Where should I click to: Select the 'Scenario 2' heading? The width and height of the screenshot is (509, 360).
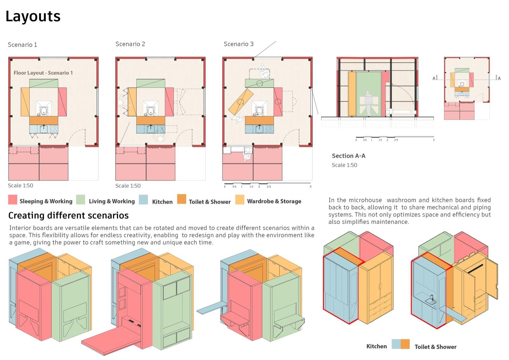tap(130, 44)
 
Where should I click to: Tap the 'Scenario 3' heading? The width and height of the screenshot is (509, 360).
tap(238, 44)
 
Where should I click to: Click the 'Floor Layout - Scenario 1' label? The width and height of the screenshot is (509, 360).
tap(43, 73)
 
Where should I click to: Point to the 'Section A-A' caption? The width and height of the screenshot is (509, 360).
tap(348, 156)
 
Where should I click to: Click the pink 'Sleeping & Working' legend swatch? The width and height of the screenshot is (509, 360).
tap(12, 200)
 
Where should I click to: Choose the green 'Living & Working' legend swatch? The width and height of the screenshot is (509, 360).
tap(81, 200)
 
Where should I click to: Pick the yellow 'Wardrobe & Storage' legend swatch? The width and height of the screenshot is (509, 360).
tap(240, 200)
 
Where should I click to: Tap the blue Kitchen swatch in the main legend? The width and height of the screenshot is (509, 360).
tap(143, 200)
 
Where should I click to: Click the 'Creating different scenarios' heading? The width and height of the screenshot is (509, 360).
tap(68, 215)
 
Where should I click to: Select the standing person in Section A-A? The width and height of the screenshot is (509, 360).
tap(368, 103)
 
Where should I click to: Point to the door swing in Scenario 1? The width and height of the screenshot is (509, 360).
tap(78, 137)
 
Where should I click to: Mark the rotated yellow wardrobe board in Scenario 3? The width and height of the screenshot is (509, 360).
tap(241, 102)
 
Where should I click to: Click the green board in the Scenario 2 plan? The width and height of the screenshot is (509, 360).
tap(150, 83)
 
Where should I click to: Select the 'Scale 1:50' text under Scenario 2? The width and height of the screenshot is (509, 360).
tap(128, 186)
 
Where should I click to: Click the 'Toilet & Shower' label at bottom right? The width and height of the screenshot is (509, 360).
tap(435, 347)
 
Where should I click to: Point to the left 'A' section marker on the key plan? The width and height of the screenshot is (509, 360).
tap(434, 78)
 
